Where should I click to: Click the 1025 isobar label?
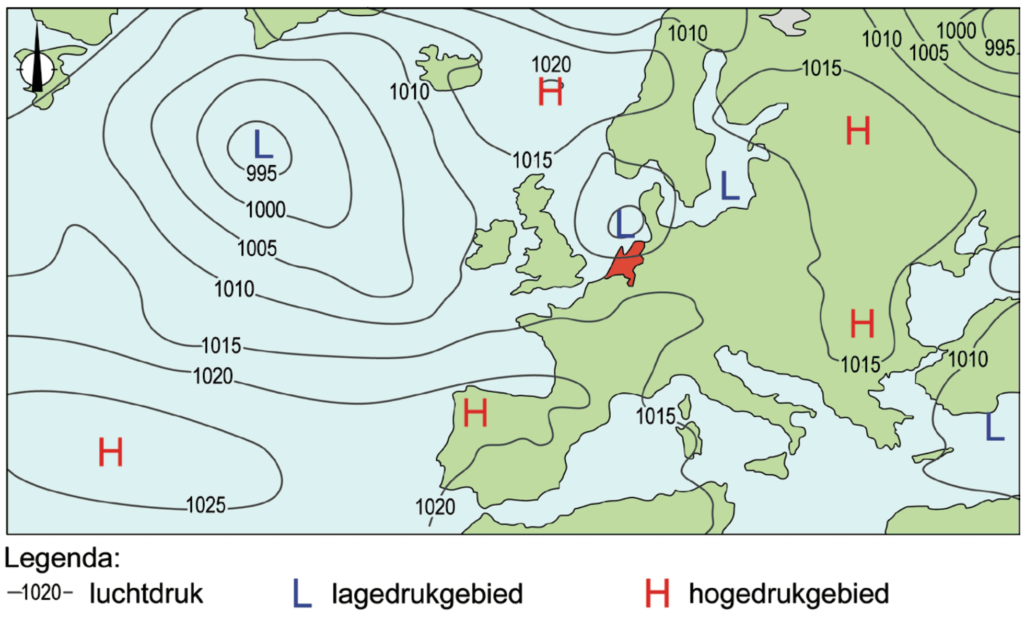point(206,505)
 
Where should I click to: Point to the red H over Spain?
point(475,413)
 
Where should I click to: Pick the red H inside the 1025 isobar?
point(111,452)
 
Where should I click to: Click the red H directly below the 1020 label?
point(551,92)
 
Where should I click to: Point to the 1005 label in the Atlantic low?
point(257,248)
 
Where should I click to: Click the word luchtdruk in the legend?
point(146,593)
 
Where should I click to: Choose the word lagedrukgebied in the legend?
point(427,593)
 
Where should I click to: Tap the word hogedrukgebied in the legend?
point(789,593)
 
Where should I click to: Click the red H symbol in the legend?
point(657,593)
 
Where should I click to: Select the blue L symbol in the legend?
point(302,593)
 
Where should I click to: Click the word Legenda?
point(62,558)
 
